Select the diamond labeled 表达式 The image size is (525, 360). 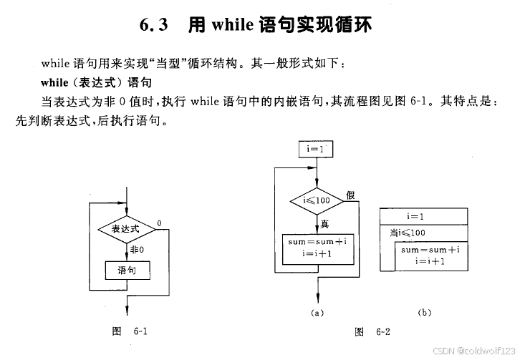[x=126, y=230]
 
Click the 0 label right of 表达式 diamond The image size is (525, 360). [x=158, y=223]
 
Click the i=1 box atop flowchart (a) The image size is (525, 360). [x=315, y=149]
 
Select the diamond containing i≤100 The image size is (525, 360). [x=315, y=200]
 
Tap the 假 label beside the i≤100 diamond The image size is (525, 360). [x=350, y=195]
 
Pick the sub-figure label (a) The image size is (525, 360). [x=315, y=313]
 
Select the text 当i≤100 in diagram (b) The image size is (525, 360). [x=407, y=233]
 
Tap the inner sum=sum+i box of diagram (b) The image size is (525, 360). [x=430, y=256]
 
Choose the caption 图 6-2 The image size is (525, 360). [x=372, y=331]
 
